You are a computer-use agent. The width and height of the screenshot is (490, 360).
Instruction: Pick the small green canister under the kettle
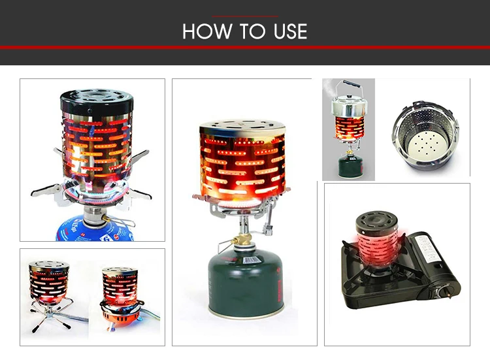[x=348, y=164]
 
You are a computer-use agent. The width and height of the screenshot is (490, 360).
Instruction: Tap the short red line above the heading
[x=245, y=16]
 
